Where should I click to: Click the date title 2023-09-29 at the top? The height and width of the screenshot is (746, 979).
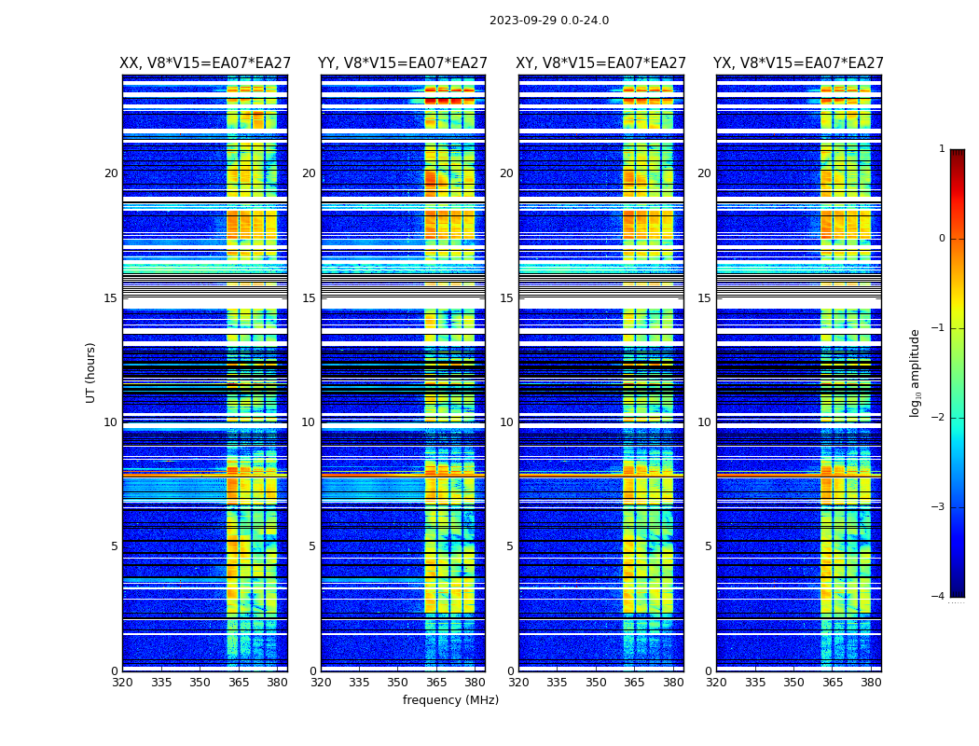(549, 21)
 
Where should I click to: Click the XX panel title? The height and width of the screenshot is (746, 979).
(205, 63)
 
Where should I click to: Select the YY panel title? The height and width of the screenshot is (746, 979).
(403, 63)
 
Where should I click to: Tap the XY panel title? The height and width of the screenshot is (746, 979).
(601, 63)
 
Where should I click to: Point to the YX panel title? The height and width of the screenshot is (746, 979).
(798, 63)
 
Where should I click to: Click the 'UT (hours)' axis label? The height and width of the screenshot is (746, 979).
(91, 372)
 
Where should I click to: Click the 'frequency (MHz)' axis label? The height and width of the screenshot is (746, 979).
(450, 700)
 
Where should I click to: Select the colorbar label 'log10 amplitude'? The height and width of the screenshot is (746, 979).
(916, 372)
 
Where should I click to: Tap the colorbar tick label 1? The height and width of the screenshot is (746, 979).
(942, 149)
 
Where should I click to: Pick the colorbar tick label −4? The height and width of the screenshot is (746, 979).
(939, 597)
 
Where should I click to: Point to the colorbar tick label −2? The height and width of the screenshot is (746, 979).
(939, 418)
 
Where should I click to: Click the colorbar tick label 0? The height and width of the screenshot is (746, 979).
(942, 239)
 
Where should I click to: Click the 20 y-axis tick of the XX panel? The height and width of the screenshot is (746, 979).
(111, 173)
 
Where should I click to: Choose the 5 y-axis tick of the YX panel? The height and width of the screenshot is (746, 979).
(709, 546)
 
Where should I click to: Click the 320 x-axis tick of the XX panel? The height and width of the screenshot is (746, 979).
(122, 682)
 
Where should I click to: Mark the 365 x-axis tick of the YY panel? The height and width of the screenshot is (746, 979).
(436, 682)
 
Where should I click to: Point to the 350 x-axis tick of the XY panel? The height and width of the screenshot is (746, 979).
(596, 682)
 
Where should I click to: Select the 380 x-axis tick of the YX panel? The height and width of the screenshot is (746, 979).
(871, 682)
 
